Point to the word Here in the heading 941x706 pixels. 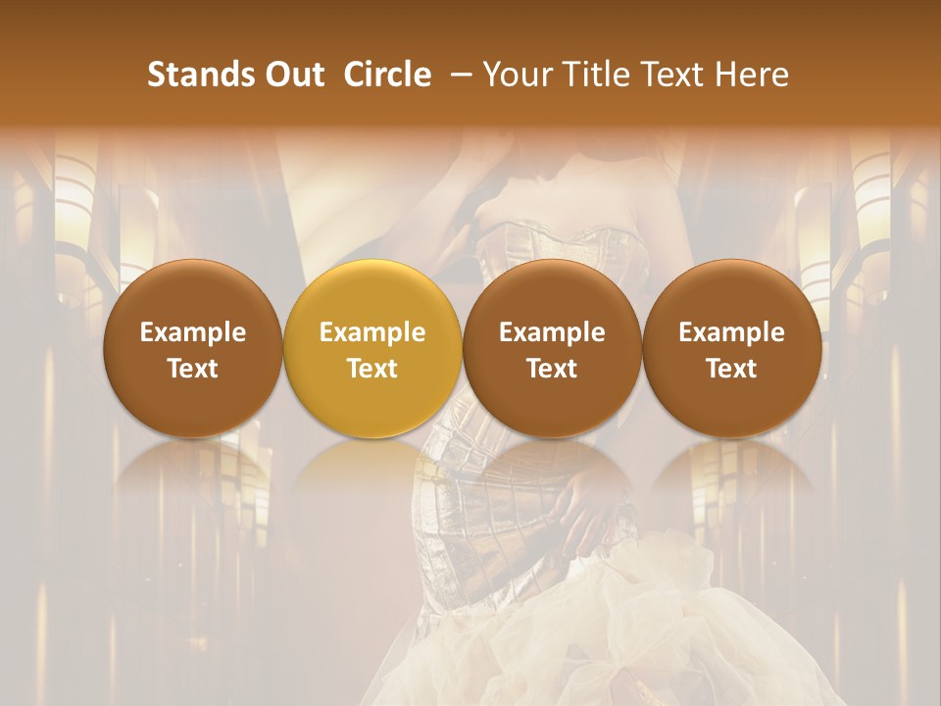[753, 75]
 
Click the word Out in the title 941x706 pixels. [294, 75]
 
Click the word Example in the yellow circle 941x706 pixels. [372, 333]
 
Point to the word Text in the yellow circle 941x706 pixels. [372, 369]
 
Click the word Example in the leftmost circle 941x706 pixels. [193, 333]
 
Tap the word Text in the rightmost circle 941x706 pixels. [732, 369]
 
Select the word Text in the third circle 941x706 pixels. [552, 369]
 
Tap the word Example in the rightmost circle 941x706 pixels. [732, 333]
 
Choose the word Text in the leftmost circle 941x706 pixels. [193, 369]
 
